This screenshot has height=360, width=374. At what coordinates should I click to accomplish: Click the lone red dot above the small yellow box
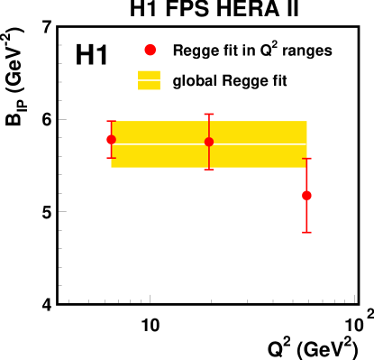pyautogui.click(x=150, y=50)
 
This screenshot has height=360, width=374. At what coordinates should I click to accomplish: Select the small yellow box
pyautogui.click(x=149, y=75)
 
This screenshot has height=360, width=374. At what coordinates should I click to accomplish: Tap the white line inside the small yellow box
pyautogui.click(x=149, y=80)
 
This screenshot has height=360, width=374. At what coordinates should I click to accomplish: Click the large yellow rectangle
pyautogui.click(x=162, y=155)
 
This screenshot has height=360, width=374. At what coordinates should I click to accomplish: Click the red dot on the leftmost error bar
pyautogui.click(x=111, y=139)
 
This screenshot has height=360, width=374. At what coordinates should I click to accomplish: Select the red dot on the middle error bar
pyautogui.click(x=209, y=142)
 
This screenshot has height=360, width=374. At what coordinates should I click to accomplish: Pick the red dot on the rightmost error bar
pyautogui.click(x=306, y=195)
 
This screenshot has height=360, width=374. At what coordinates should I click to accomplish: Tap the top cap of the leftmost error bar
pyautogui.click(x=111, y=121)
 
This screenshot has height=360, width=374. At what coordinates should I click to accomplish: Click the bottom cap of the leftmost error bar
pyautogui.click(x=111, y=158)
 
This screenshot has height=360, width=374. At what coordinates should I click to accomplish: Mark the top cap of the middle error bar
pyautogui.click(x=209, y=114)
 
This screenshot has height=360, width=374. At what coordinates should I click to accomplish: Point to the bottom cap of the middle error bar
pyautogui.click(x=209, y=169)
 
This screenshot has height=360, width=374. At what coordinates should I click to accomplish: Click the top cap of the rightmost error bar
pyautogui.click(x=306, y=159)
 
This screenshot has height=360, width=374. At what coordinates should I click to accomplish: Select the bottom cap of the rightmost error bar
pyautogui.click(x=306, y=232)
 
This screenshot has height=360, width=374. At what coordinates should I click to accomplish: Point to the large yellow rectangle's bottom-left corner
pyautogui.click(x=112, y=167)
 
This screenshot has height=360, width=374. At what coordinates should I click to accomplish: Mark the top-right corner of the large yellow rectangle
pyautogui.click(x=306, y=122)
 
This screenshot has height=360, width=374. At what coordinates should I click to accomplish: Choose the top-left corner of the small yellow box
pyautogui.click(x=139, y=71)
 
